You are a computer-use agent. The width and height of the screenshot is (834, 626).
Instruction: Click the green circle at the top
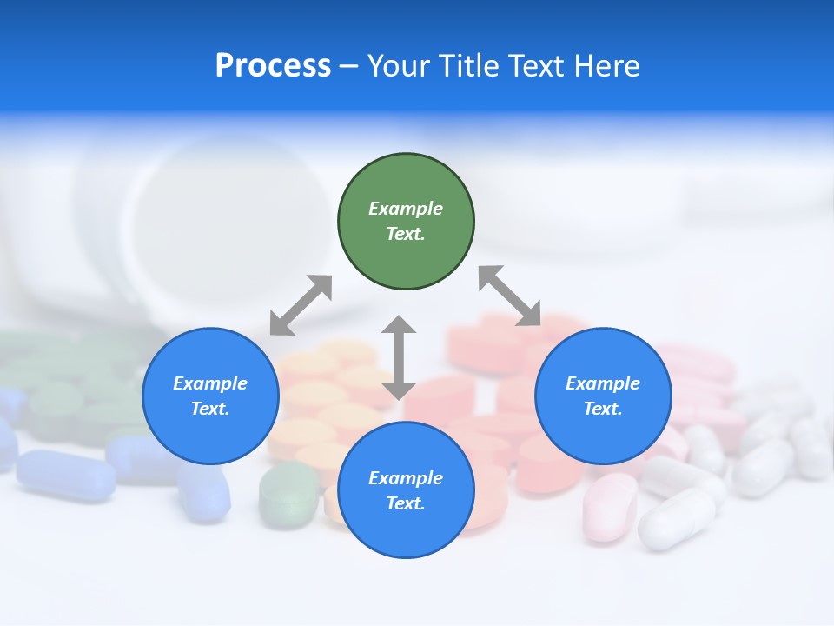tap(406, 222)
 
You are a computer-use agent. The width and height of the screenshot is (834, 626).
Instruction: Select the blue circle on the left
tap(210, 396)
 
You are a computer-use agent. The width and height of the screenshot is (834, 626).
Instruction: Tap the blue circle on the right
tap(603, 396)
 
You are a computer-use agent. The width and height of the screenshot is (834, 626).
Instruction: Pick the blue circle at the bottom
tap(406, 490)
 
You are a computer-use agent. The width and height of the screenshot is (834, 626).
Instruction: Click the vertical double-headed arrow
tap(399, 357)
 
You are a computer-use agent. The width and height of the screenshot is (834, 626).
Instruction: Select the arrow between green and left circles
tap(301, 305)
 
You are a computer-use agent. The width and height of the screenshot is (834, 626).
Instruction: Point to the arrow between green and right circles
tap(510, 296)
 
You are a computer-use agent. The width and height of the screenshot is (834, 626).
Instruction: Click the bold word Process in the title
tap(273, 66)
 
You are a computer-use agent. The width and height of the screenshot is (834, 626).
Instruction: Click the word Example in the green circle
tap(406, 209)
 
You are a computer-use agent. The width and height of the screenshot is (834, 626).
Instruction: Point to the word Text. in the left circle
tap(210, 409)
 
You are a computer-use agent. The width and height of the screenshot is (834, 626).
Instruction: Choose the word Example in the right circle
tap(603, 383)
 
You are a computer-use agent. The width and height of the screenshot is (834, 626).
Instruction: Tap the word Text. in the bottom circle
tap(406, 503)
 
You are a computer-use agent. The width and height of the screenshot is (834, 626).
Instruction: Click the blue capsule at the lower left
tap(66, 474)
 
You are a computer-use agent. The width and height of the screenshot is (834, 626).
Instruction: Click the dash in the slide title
tap(348, 66)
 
